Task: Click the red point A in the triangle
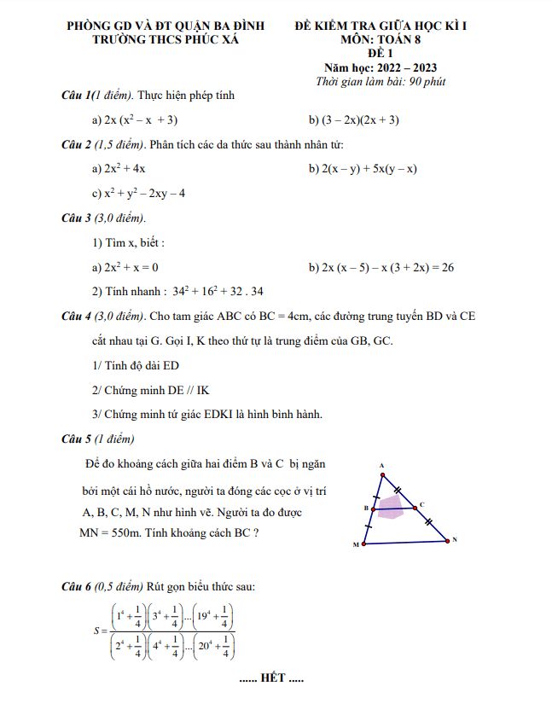click(382, 472)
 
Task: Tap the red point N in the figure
click(446, 539)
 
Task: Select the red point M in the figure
click(364, 543)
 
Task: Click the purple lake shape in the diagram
click(391, 509)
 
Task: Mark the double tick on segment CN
click(430, 522)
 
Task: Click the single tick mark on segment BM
click(369, 526)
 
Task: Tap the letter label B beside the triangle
click(365, 508)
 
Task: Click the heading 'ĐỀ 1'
click(381, 53)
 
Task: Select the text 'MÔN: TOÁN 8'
click(381, 39)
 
